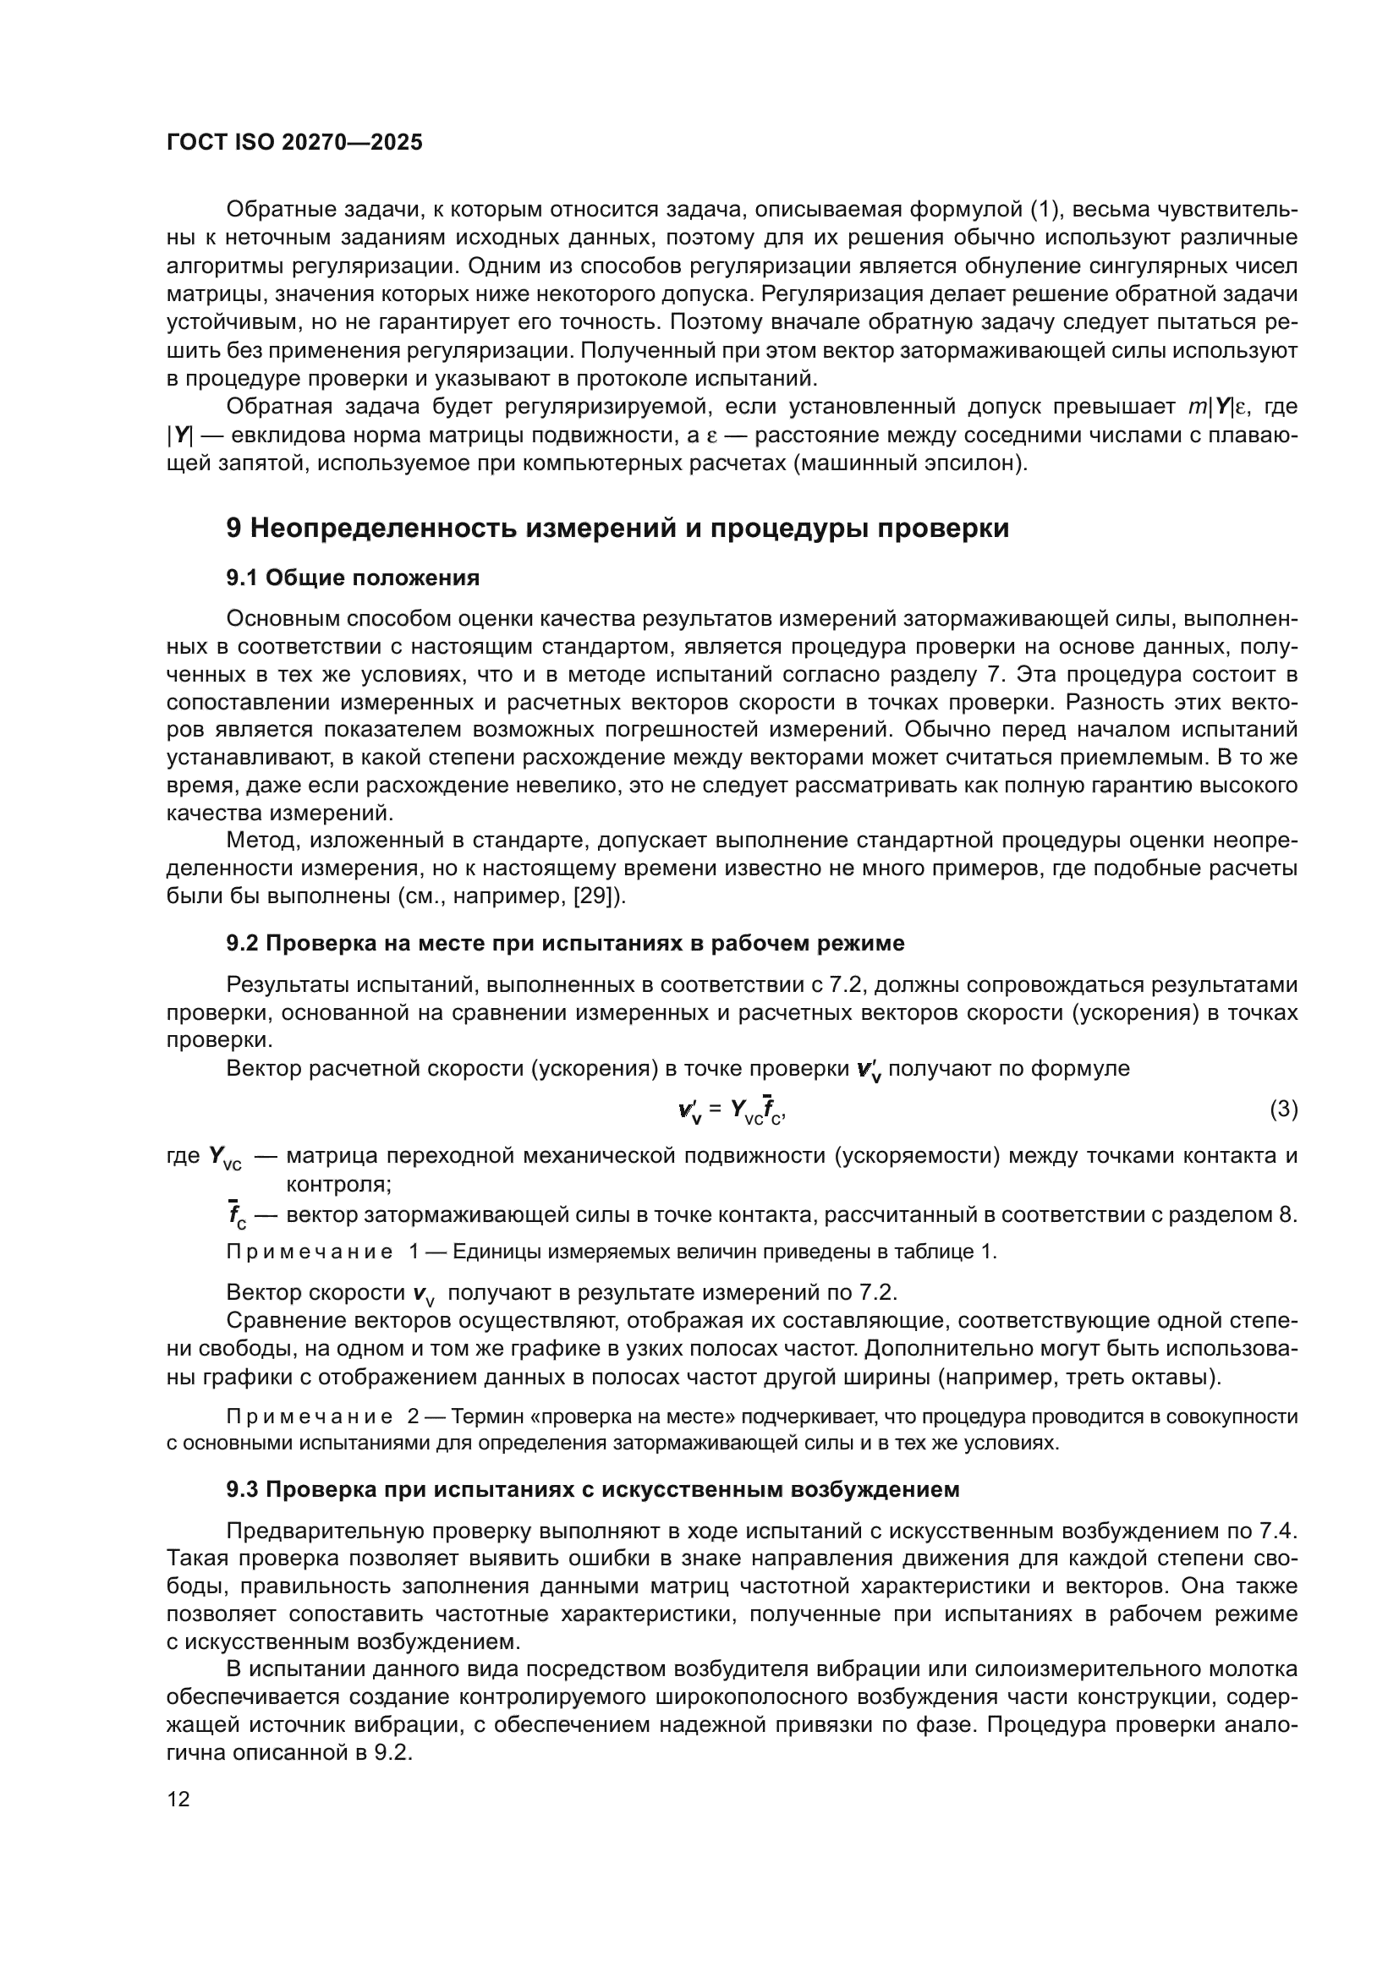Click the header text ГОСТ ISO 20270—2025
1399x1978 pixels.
coord(294,143)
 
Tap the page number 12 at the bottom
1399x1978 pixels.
coord(178,1799)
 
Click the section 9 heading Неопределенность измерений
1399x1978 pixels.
coord(617,528)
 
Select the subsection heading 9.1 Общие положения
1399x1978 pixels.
coord(353,578)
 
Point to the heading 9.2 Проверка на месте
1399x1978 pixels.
coord(565,944)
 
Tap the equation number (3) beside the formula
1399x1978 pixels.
coord(1284,1109)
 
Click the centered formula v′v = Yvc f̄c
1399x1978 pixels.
coord(732,1110)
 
